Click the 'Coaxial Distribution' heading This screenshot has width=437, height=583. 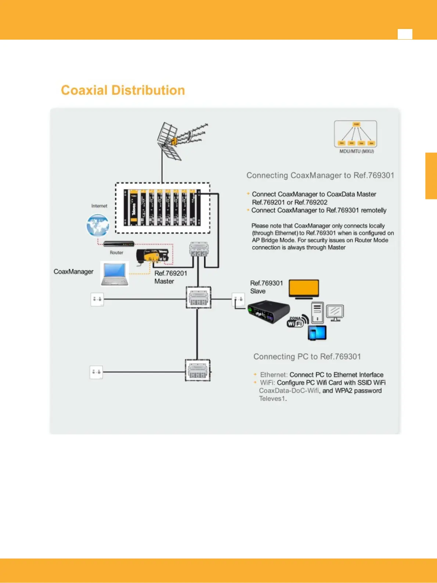point(123,90)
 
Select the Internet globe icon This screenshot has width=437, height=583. point(98,225)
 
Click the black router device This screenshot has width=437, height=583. point(119,244)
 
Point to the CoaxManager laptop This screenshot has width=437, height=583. point(115,274)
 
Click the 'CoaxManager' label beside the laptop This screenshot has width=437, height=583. point(73,272)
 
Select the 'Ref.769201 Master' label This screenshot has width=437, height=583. point(170,277)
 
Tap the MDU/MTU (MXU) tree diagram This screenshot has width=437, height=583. point(355,134)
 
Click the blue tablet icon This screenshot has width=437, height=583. point(317,333)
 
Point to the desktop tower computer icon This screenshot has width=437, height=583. point(317,312)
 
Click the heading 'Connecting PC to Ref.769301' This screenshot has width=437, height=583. point(307,356)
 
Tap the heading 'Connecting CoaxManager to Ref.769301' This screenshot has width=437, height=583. point(320,175)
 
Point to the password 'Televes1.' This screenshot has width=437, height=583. point(273,399)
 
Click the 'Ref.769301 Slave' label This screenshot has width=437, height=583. point(266,287)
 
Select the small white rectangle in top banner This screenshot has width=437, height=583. point(405,34)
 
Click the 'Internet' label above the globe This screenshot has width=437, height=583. point(99,206)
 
